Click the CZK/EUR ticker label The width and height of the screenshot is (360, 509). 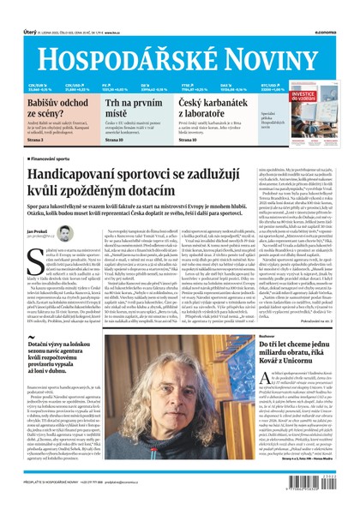pos(36,85)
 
